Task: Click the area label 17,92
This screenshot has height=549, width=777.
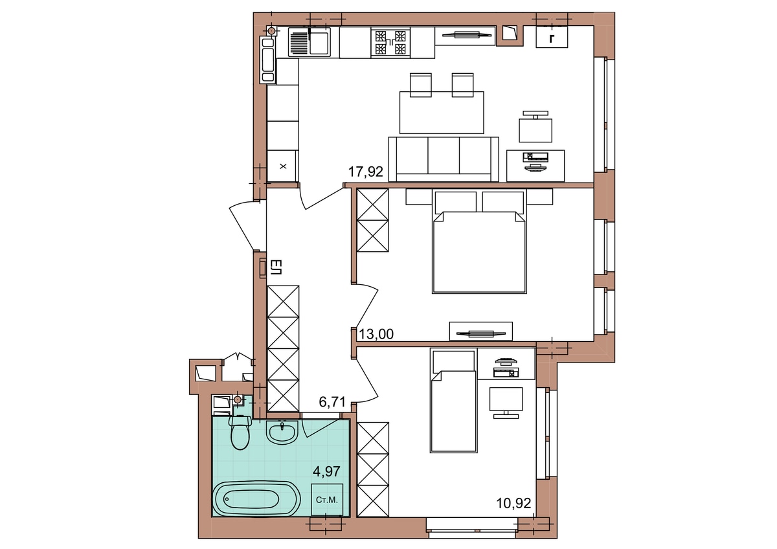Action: (366, 172)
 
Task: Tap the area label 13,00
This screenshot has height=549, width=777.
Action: (376, 334)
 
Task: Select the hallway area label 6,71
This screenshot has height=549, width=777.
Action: (332, 402)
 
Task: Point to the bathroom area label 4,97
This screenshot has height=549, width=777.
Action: (326, 471)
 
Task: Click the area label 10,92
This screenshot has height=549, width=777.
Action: (513, 503)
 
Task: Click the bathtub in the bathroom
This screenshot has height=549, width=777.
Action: (256, 499)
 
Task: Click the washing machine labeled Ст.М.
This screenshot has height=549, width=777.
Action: (327, 500)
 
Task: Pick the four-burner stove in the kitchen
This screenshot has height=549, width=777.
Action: (390, 43)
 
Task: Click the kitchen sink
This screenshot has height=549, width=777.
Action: (309, 42)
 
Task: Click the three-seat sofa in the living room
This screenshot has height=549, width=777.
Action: (444, 159)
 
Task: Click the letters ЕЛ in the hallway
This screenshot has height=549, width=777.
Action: (276, 267)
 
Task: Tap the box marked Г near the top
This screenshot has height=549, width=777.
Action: (552, 37)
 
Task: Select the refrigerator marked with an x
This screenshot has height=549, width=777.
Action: (283, 166)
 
